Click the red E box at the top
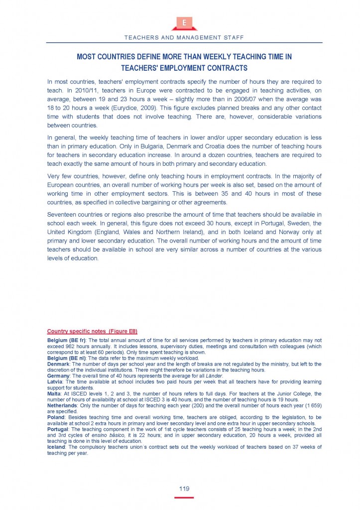184,23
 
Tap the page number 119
184,489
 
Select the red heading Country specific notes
92,331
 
